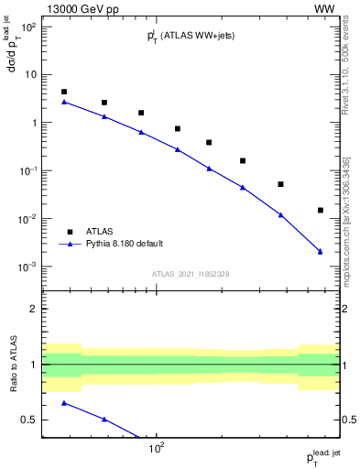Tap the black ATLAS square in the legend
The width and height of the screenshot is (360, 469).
click(70, 232)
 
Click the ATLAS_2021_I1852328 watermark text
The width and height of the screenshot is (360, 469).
click(191, 274)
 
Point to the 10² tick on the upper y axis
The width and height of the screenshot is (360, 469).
click(29, 27)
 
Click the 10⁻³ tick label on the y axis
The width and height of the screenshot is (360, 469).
click(27, 267)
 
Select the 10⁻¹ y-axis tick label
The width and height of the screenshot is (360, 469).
click(27, 171)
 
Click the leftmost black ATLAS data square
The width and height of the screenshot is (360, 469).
click(64, 92)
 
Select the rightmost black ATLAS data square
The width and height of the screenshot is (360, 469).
click(320, 210)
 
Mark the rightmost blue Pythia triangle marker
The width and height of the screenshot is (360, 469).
click(320, 251)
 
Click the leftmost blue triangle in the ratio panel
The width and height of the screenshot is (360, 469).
click(64, 403)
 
